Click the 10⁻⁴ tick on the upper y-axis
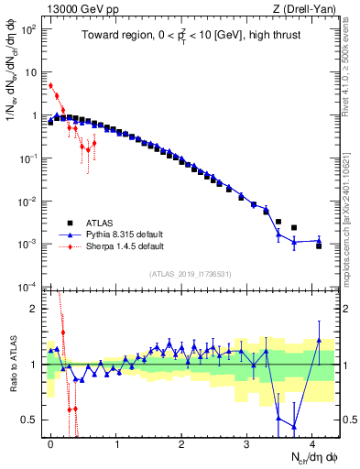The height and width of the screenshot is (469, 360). pos(29,286)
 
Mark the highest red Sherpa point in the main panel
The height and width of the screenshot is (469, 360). pos(51,86)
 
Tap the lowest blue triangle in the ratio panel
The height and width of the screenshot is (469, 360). pos(293,427)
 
